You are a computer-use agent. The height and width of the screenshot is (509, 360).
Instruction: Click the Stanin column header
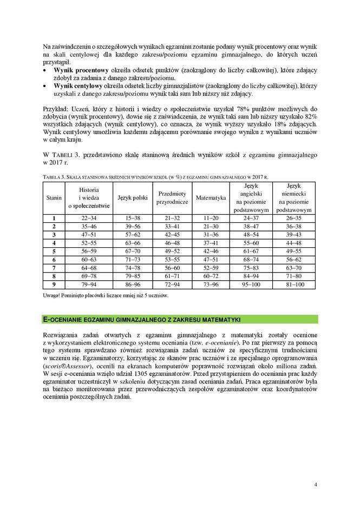click(x=54, y=197)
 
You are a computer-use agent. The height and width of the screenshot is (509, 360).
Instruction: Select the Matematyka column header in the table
click(x=211, y=197)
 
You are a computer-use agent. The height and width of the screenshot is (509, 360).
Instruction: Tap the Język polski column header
click(x=133, y=197)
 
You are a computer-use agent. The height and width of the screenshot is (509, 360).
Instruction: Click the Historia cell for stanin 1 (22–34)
click(x=89, y=217)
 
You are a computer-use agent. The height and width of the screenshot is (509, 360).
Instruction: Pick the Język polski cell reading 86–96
click(x=133, y=283)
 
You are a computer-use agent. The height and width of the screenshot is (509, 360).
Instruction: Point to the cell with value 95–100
click(x=251, y=283)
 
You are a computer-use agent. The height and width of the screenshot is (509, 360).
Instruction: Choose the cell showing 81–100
click(x=293, y=283)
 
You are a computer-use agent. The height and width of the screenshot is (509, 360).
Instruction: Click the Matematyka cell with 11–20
click(x=211, y=217)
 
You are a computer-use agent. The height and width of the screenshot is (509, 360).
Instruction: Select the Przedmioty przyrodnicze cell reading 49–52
click(x=172, y=250)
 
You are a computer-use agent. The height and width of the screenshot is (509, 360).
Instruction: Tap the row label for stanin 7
click(x=54, y=267)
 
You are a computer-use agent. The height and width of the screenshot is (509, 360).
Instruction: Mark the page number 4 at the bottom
click(x=315, y=484)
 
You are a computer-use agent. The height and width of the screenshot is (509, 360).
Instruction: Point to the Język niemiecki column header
click(x=293, y=197)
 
